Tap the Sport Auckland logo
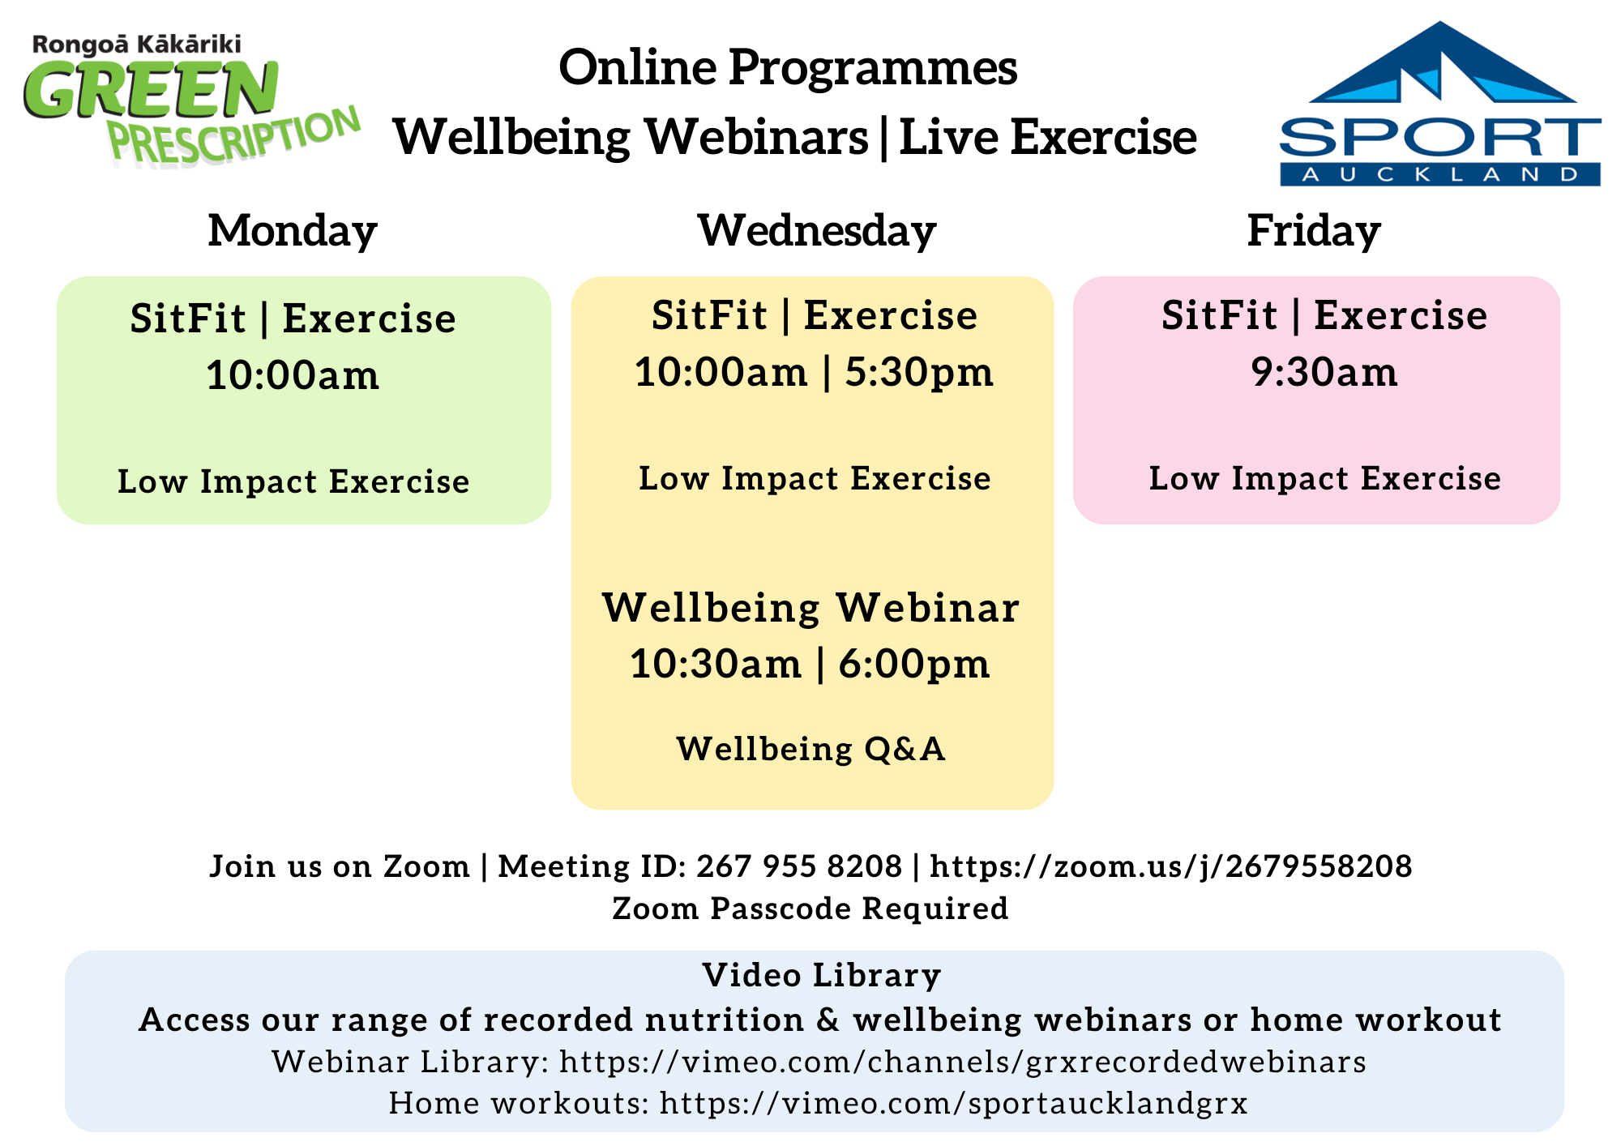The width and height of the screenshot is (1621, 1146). pos(1439,104)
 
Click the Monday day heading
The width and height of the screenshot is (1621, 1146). pos(293,231)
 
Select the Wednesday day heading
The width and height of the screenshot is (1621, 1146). pos(817,231)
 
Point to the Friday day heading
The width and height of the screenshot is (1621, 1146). pos(1314,231)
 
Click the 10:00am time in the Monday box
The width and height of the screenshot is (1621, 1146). pos(293,375)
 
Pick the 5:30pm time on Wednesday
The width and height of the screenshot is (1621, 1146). pos(919,373)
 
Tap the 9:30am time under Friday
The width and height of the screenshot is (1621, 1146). pos(1324,372)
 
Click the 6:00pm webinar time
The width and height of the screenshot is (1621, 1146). pos(913,665)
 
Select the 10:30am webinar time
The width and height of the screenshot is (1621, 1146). pos(716,665)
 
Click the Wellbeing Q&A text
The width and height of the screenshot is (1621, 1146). pos(811,749)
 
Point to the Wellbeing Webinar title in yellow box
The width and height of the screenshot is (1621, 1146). pos(811,608)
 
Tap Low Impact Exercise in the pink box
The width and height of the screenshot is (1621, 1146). pos(1325,478)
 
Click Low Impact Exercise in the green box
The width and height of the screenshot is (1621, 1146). pos(293,481)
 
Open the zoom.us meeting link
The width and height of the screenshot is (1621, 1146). pos(1171,866)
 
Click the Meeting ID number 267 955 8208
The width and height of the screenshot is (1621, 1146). pos(799,866)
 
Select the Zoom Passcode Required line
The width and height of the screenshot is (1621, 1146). pos(810,909)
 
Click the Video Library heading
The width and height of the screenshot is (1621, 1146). pos(822,975)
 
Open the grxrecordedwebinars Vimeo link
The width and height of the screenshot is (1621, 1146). pos(963,1062)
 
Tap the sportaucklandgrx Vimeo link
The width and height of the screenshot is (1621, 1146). pos(953,1103)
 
